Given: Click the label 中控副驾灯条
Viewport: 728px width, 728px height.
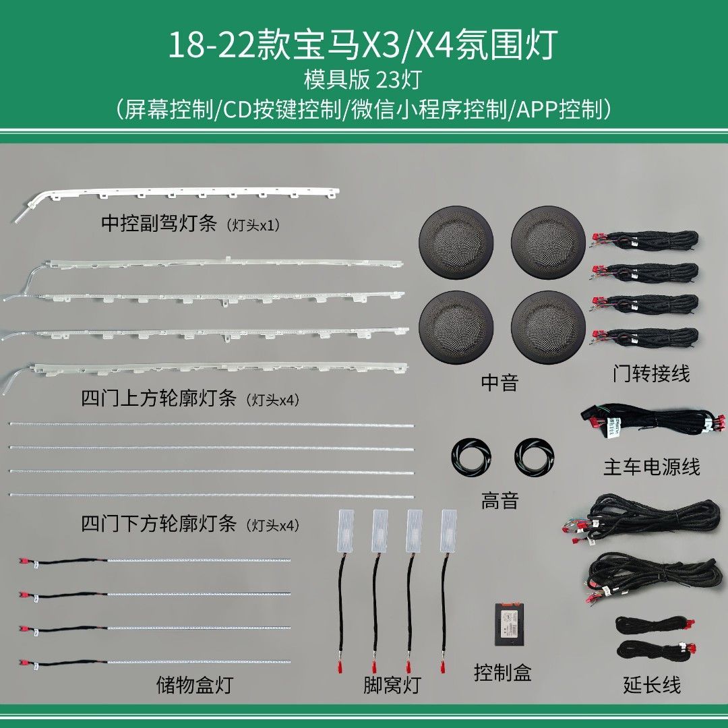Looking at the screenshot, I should coord(158,224).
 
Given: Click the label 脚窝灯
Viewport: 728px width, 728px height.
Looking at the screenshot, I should coord(392,686).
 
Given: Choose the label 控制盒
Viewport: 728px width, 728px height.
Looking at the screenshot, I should coord(503,672).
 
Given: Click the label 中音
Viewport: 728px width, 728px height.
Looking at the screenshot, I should coord(499,383).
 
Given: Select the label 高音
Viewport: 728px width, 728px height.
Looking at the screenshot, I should coord(499,500).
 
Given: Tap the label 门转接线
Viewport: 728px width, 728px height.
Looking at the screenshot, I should coord(651,373).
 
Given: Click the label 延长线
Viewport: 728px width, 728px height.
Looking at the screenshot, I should coord(652,686).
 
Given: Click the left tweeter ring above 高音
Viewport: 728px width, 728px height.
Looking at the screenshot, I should coord(472,456).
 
